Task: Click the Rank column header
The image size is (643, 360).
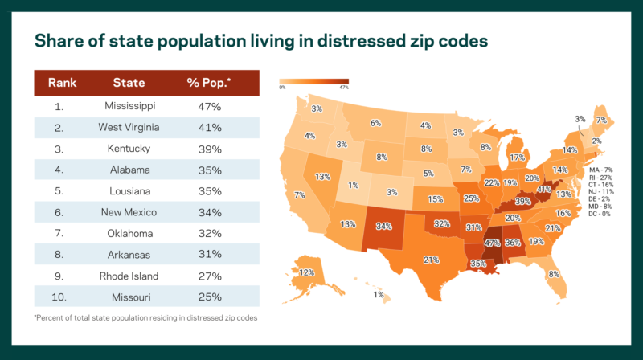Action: pos(62,83)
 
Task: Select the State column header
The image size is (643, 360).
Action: pos(129,83)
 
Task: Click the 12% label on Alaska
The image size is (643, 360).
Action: pos(306,272)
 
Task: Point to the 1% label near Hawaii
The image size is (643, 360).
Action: pos(378,295)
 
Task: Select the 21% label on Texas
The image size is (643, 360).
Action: pos(432,260)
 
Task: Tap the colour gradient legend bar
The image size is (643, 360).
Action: pos(313,81)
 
